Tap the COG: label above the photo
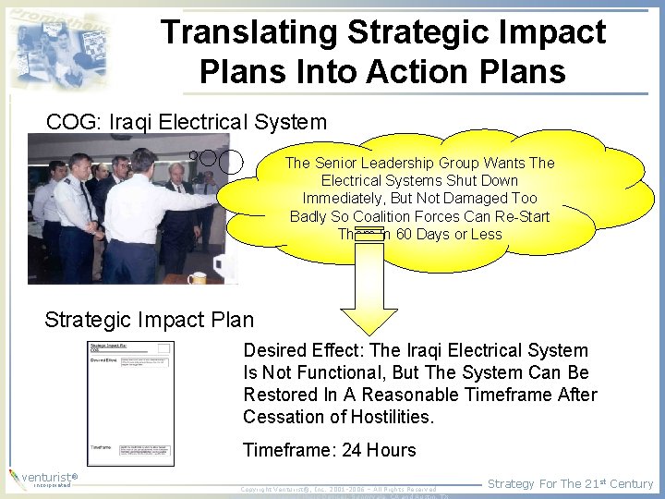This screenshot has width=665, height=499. tap(74, 121)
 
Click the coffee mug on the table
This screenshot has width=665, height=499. tap(197, 277)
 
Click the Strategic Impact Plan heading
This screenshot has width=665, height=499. tap(149, 320)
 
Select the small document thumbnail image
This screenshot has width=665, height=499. tap(130, 404)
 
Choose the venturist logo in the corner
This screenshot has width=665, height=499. tap(42, 478)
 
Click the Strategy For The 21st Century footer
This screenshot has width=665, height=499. tap(570, 483)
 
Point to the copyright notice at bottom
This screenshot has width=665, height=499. tap(338, 489)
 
